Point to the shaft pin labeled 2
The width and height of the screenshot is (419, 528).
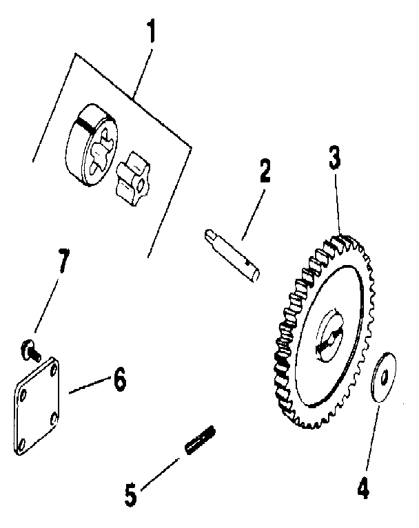coord(234,254)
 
